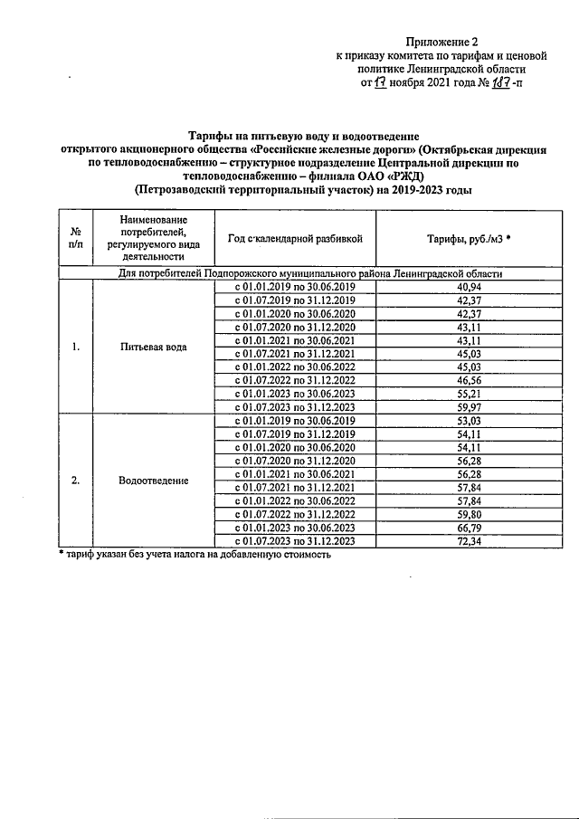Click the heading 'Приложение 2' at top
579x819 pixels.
(443, 42)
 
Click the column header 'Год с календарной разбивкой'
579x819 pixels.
(296, 238)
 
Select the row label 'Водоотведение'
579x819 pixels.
(152, 480)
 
